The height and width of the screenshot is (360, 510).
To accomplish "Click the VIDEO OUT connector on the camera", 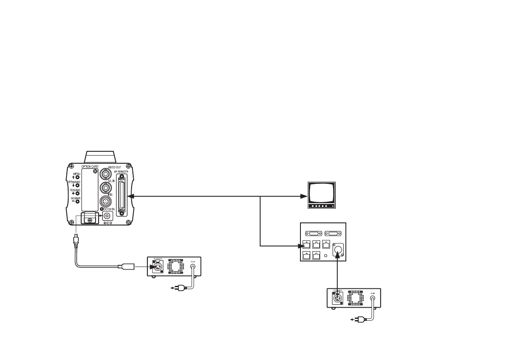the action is pyautogui.click(x=105, y=174).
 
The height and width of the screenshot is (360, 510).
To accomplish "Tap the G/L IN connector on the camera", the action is pyautogui.click(x=105, y=188).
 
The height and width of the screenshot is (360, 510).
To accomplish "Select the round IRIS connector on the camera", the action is pyautogui.click(x=105, y=202).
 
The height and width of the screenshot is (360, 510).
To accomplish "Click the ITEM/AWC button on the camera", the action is pyautogui.click(x=78, y=185).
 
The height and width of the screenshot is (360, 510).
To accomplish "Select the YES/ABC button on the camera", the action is pyautogui.click(x=78, y=193).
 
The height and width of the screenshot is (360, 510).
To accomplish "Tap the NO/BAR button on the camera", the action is pyautogui.click(x=78, y=201).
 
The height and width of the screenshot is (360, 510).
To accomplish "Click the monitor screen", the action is pyautogui.click(x=321, y=193).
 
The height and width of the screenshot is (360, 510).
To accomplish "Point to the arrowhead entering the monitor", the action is pyautogui.click(x=304, y=197).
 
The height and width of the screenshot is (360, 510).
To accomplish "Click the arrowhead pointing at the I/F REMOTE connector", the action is pyautogui.click(x=130, y=197).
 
